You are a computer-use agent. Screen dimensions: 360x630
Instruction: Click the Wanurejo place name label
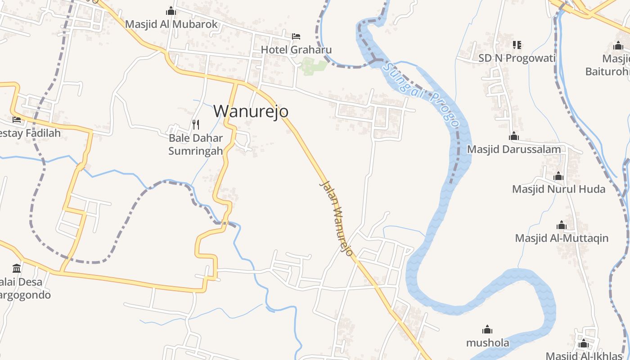(x=251, y=111)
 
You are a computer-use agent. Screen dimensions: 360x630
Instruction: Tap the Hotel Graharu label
(x=296, y=49)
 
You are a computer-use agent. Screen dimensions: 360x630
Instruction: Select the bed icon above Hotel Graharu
(x=296, y=36)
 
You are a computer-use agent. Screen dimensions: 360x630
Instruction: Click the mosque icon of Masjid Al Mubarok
(x=171, y=11)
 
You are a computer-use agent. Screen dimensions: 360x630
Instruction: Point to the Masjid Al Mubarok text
(x=171, y=24)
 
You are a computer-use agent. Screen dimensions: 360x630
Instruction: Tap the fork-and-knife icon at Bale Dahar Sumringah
(x=196, y=124)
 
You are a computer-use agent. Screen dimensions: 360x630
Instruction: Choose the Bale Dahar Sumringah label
(x=196, y=144)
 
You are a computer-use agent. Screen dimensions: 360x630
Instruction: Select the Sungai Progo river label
(x=421, y=94)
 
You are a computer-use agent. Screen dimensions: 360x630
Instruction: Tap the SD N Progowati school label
(x=517, y=58)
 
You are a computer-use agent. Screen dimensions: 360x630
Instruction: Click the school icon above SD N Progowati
(x=517, y=45)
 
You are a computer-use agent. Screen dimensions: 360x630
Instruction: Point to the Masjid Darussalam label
(x=514, y=149)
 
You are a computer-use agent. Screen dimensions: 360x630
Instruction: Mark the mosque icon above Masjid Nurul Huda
(x=558, y=176)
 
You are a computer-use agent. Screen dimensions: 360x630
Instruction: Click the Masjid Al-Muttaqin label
(x=562, y=238)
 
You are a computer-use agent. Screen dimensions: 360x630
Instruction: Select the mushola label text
(x=487, y=343)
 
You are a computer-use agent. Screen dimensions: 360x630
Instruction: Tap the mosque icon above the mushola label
(x=487, y=329)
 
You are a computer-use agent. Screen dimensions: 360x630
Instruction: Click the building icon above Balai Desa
(x=17, y=269)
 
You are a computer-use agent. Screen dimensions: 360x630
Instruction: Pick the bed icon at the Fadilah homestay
(x=17, y=120)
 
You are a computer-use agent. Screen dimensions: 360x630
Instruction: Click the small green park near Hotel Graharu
(x=314, y=66)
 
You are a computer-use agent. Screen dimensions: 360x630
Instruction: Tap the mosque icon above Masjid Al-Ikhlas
(x=584, y=344)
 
